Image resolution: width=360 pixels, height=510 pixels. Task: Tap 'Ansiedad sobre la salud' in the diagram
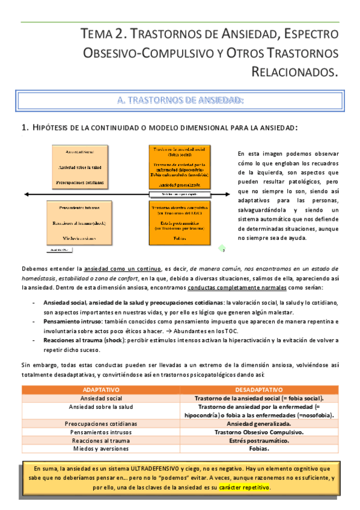[x=79, y=167]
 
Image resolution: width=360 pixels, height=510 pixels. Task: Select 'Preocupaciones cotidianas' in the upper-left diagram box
[x=79, y=182]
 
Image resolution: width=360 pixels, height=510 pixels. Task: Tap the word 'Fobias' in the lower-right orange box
[x=179, y=238]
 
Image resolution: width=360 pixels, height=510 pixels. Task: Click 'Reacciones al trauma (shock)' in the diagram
[x=79, y=223]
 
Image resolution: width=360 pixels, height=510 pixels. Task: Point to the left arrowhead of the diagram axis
[x=25, y=194]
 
